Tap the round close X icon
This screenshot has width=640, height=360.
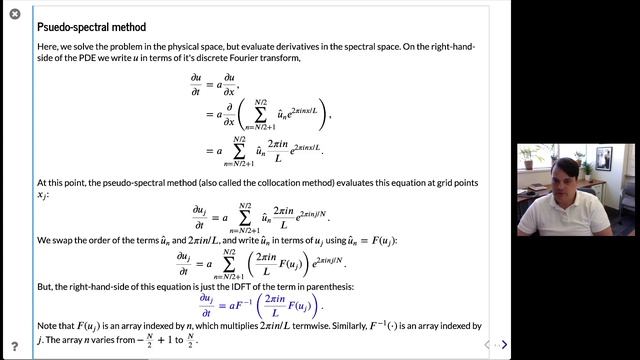pyautogui.click(x=14, y=14)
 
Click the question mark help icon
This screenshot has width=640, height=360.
pyautogui.click(x=14, y=345)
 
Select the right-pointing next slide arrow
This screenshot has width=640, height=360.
pyautogui.click(x=504, y=345)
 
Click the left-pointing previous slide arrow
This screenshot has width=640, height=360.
pyautogui.click(x=487, y=345)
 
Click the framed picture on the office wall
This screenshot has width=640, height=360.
pyautogui.click(x=604, y=157)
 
